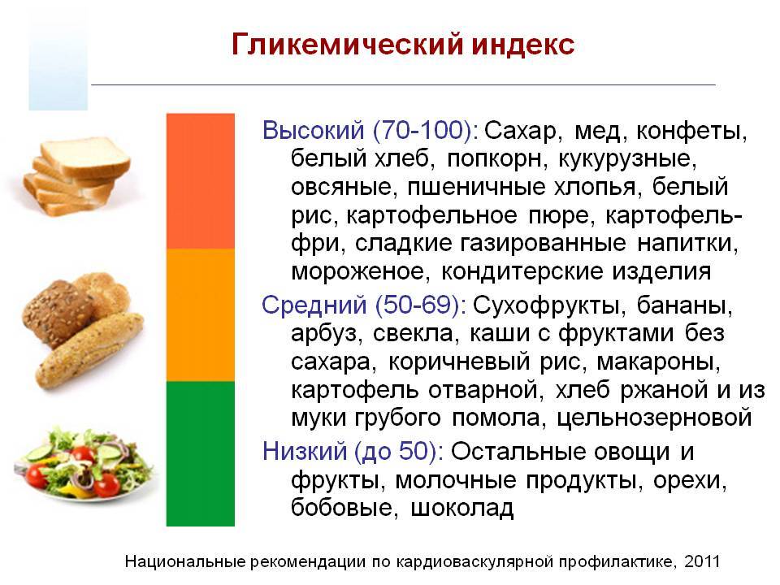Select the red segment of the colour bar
pyautogui.click(x=200, y=180)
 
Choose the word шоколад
pyautogui.click(x=463, y=509)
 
